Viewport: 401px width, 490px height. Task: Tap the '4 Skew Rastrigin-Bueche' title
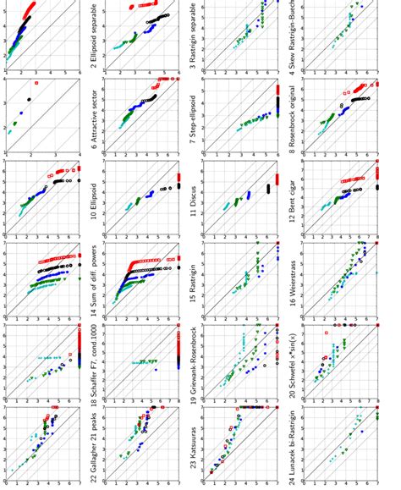(294, 34)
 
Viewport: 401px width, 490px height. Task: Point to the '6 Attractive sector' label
(96, 118)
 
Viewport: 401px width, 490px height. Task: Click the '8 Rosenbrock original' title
(294, 118)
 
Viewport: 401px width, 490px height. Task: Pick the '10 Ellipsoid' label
(96, 203)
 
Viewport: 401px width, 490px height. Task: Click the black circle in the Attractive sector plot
(30, 99)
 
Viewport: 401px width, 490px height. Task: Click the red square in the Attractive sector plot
(36, 83)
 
